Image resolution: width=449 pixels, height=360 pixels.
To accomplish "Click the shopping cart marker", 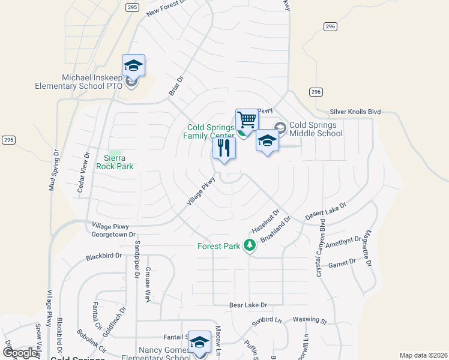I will pyautogui.click(x=247, y=120).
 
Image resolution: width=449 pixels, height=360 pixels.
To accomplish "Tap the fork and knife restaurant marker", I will pyautogui.click(x=224, y=148).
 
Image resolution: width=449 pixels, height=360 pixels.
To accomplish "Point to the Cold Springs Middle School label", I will pyautogui.click(x=316, y=129).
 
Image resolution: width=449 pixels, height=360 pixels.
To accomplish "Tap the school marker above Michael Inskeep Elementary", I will pyautogui.click(x=133, y=66).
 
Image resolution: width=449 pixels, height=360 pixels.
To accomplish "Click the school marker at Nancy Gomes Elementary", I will pyautogui.click(x=199, y=343).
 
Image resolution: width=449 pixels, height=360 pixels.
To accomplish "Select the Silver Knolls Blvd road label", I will pyautogui.click(x=355, y=112).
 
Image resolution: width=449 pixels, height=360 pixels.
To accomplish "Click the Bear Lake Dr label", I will pyautogui.click(x=248, y=305).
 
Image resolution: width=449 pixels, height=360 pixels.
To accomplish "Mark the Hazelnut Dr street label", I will pyautogui.click(x=266, y=221).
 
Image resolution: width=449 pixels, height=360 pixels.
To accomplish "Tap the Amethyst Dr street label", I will pyautogui.click(x=343, y=241).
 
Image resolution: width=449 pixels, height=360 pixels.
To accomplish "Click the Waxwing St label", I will pyautogui.click(x=309, y=320).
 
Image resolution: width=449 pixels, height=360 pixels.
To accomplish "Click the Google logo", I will pyautogui.click(x=19, y=353).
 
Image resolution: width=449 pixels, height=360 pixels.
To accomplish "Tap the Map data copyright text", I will pyautogui.click(x=423, y=355).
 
